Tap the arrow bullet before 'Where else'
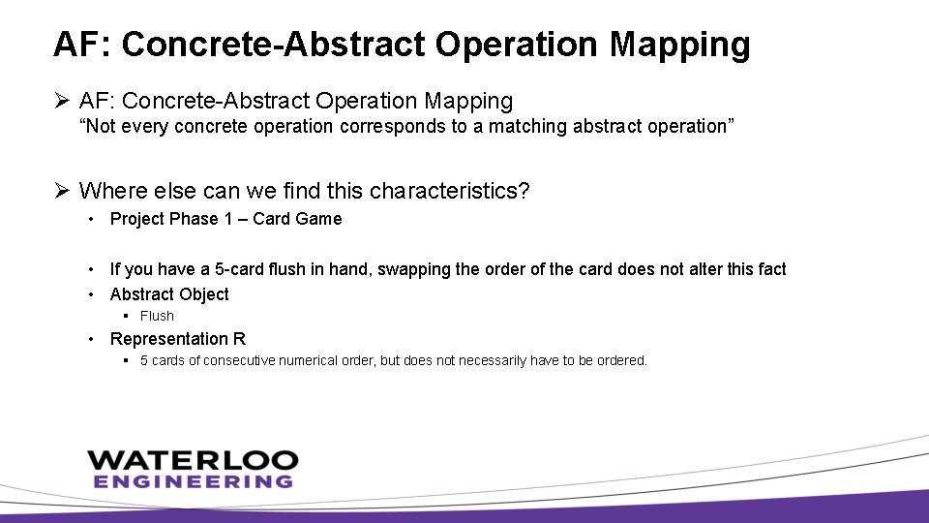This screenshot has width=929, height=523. coord(61,191)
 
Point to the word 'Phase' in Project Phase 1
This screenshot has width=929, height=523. coord(194,219)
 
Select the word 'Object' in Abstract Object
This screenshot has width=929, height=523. coord(202,294)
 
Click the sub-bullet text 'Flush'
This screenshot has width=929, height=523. coord(157,316)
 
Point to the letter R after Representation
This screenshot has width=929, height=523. coord(239,339)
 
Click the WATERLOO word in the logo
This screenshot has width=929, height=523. coord(193,460)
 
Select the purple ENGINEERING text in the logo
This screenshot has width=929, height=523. coord(193,481)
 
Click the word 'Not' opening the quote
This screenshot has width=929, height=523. coord(99,127)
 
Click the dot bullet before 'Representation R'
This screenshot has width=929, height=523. coord(90,339)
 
